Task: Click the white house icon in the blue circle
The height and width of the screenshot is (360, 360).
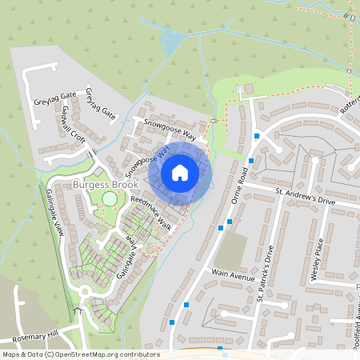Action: (x=179, y=172)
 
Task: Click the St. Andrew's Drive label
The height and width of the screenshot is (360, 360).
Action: (x=305, y=197)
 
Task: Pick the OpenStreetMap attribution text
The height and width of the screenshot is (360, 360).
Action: (x=80, y=354)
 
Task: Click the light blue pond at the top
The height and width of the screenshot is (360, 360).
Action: (x=170, y=39)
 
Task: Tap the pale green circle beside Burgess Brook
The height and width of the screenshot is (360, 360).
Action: (x=109, y=198)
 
